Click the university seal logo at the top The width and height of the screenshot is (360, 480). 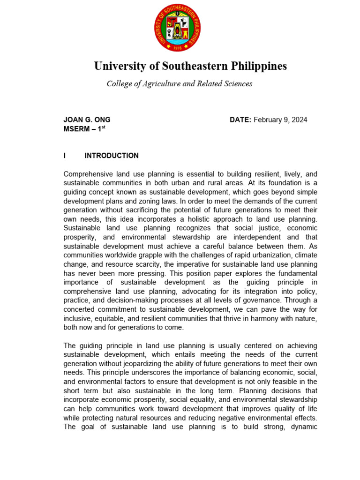pos(177,30)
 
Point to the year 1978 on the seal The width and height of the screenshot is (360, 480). pos(177,47)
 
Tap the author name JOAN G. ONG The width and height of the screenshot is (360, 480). pos(87,120)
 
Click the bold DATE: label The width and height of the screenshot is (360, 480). pos(240,120)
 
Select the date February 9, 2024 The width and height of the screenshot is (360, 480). pos(280,120)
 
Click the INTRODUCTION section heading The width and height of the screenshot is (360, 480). pos(112,156)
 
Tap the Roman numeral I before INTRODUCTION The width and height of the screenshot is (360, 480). pos(65,156)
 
